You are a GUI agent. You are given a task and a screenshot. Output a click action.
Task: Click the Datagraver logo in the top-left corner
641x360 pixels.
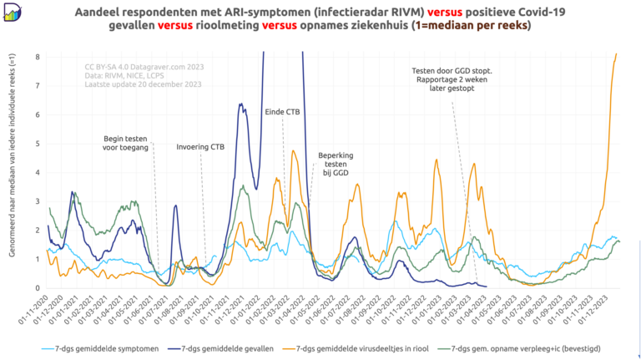pyautogui.click(x=12, y=12)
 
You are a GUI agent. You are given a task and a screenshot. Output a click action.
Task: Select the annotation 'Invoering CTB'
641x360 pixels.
pyautogui.click(x=200, y=147)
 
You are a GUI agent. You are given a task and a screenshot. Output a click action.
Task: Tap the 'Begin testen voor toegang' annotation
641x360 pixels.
pyautogui.click(x=126, y=143)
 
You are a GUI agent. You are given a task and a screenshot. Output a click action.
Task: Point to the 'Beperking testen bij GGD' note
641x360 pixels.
pyautogui.click(x=335, y=164)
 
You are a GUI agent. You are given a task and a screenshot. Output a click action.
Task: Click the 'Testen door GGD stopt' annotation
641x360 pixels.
pyautogui.click(x=452, y=81)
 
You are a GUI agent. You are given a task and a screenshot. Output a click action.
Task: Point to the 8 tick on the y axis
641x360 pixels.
pyautogui.click(x=37, y=57)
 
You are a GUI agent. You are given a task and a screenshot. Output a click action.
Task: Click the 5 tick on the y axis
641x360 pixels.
pyautogui.click(x=37, y=144)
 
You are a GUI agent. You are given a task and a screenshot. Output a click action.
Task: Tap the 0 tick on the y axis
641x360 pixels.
pyautogui.click(x=37, y=288)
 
